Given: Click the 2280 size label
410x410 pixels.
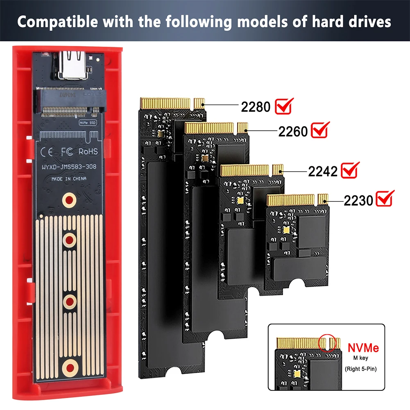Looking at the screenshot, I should point(256,106).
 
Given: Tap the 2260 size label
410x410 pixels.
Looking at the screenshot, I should point(293,131).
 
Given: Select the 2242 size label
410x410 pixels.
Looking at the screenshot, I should point(323,171).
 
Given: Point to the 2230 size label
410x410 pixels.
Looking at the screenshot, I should point(358,200).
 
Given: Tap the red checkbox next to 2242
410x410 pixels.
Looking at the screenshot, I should point(350,170).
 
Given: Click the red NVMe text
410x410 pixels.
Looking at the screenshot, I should point(363,348).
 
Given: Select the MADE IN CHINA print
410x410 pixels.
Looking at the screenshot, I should point(69,179).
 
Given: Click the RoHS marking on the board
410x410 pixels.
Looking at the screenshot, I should point(88,152).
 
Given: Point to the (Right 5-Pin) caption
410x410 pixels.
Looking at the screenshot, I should point(360,369).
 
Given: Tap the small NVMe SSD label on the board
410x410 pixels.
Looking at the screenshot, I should point(87,122).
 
